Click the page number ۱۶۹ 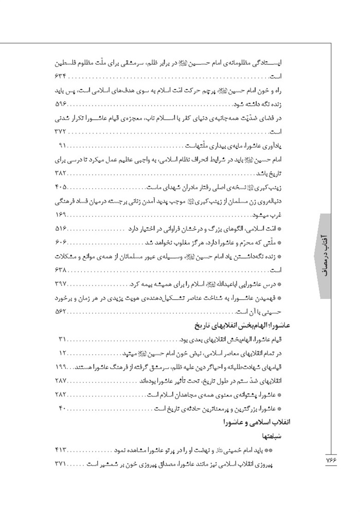click(61, 213)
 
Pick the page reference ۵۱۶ click(61, 227)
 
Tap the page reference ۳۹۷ click(61, 284)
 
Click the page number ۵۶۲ click(61, 312)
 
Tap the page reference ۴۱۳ click(61, 450)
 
